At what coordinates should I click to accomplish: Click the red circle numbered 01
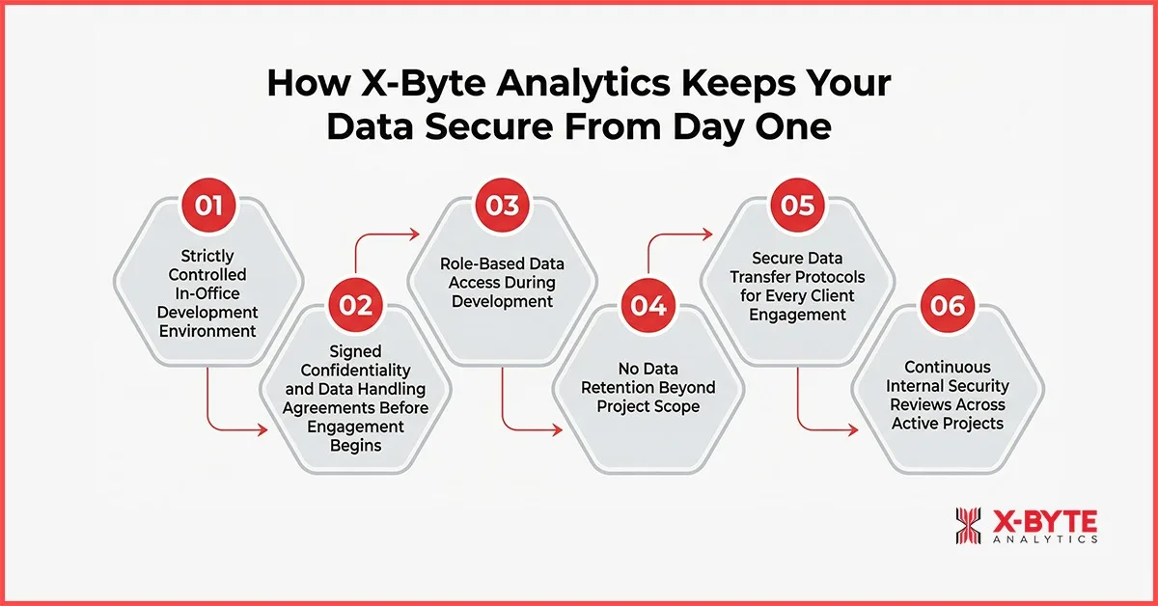point(209,205)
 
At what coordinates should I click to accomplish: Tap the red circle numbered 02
point(356,305)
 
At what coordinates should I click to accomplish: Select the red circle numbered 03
point(503,206)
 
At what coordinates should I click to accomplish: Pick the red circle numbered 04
point(649,306)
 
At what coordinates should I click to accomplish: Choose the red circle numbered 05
point(796,206)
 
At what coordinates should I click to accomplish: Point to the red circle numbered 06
point(943,306)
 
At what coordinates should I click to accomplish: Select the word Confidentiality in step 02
point(356,370)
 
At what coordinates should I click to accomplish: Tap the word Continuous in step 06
point(943,367)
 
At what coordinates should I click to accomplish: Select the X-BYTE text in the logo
point(1044,521)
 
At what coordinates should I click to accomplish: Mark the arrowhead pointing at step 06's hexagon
point(852,427)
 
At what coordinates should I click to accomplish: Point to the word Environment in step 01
point(209,331)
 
